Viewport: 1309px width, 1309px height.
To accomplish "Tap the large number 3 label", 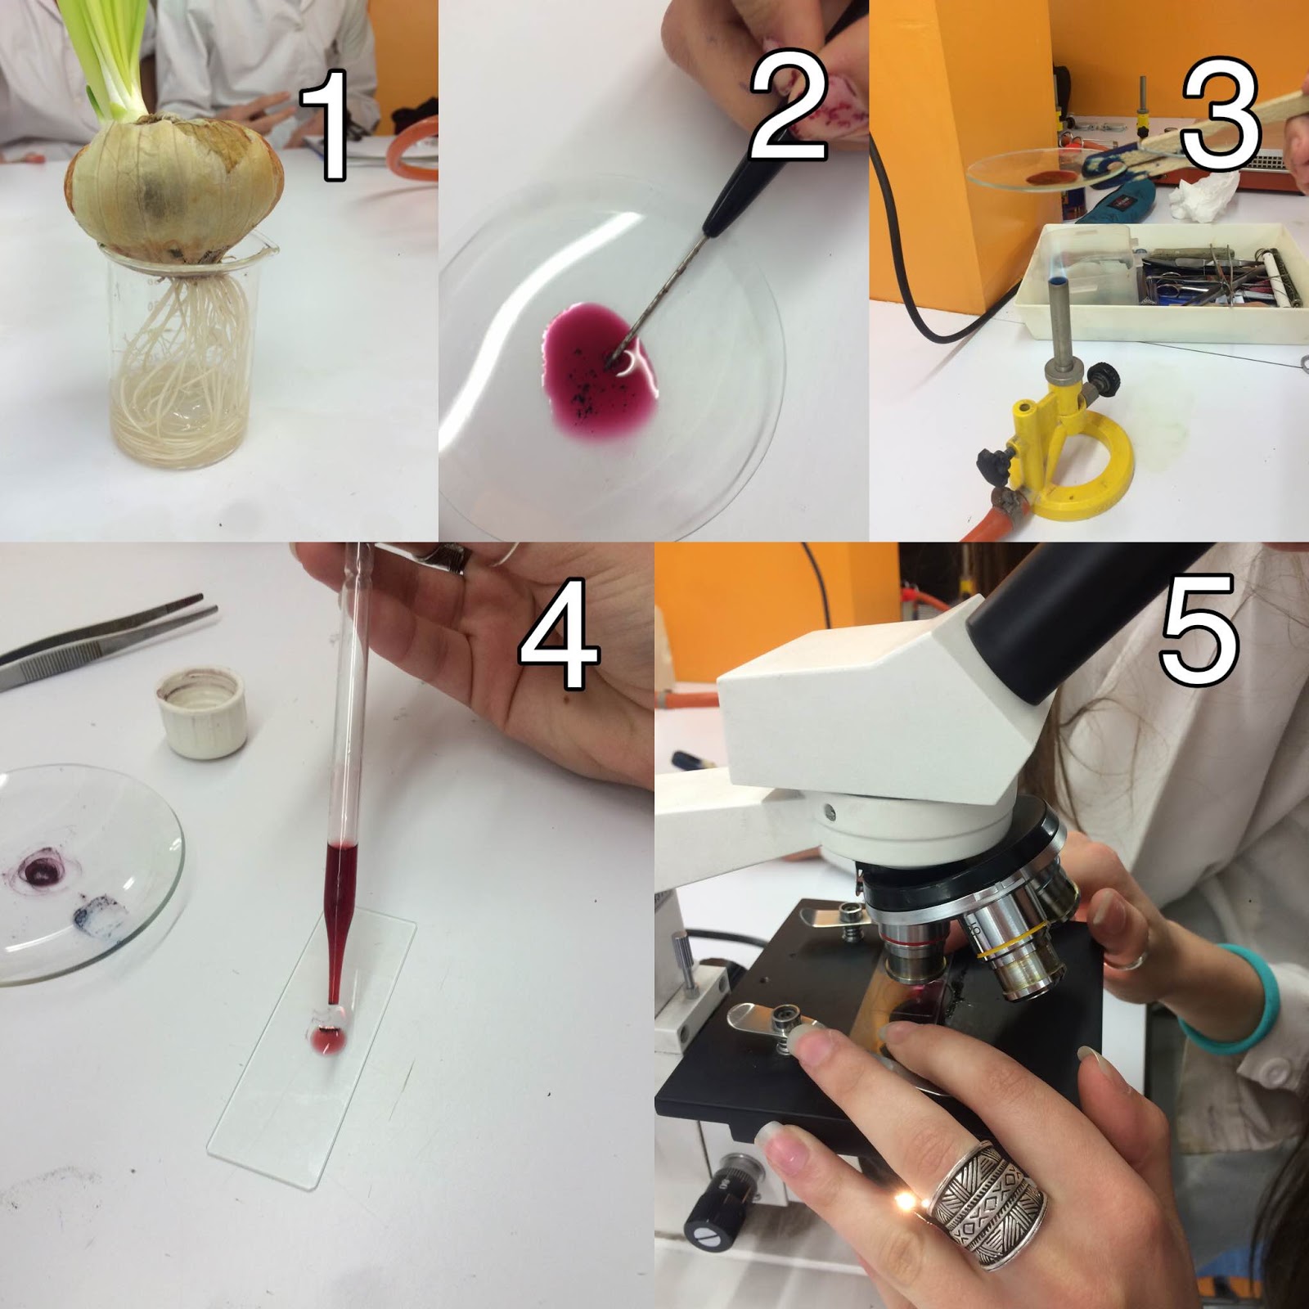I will pyautogui.click(x=1219, y=115).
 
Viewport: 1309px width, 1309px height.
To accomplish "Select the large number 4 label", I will pyautogui.click(x=560, y=634).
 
